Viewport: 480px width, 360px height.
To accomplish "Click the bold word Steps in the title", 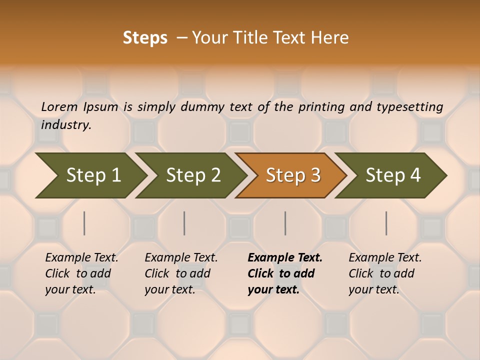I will click(x=145, y=38).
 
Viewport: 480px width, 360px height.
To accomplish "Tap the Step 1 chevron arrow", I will click(x=90, y=175).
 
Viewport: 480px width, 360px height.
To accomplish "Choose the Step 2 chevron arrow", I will click(x=192, y=175).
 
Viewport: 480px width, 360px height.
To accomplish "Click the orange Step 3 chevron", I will click(x=292, y=175).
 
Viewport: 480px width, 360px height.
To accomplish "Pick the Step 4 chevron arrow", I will click(x=392, y=175).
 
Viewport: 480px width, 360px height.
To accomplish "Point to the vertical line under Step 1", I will click(x=84, y=223).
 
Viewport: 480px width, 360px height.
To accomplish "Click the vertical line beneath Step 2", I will click(x=184, y=223).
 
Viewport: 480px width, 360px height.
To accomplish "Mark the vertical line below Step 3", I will click(x=285, y=223).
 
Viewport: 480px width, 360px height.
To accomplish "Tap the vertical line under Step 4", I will click(x=386, y=223).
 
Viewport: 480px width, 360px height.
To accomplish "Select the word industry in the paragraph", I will click(x=66, y=125).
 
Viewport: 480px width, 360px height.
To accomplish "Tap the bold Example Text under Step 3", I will click(x=285, y=258).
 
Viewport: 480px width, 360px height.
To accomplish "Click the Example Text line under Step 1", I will click(x=81, y=258).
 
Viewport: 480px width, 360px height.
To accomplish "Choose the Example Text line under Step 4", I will click(x=385, y=258).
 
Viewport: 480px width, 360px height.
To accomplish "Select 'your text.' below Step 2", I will click(x=169, y=289).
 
